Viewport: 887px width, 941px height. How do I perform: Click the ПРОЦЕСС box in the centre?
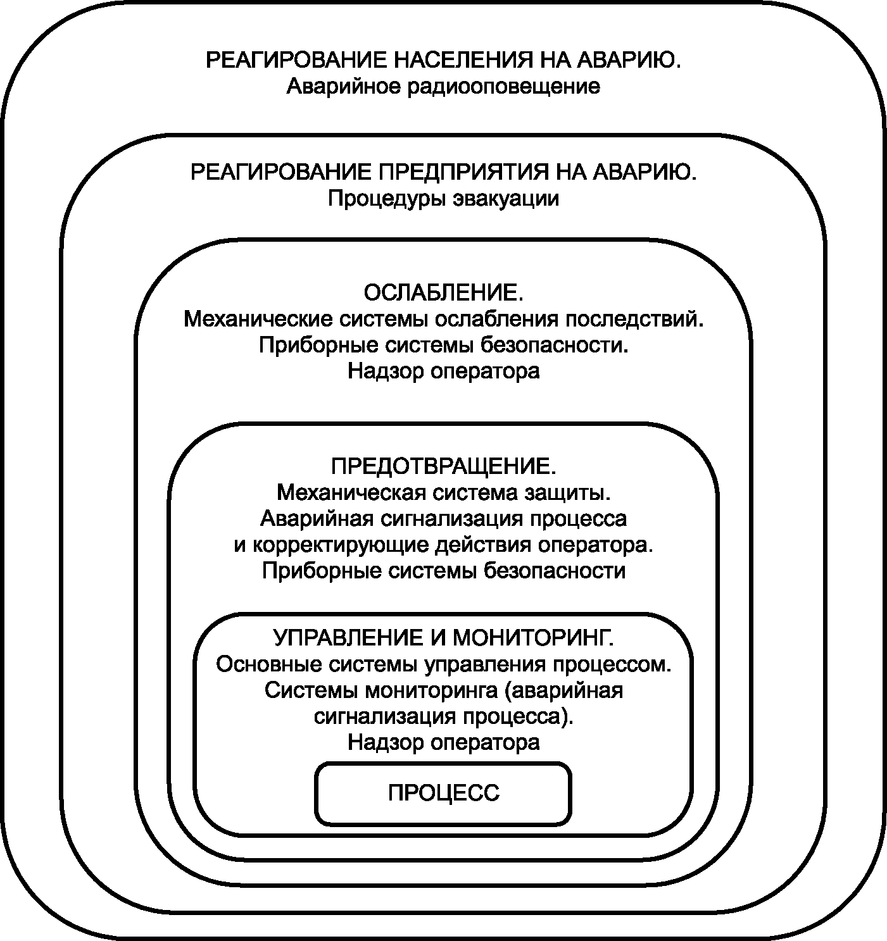coord(443,793)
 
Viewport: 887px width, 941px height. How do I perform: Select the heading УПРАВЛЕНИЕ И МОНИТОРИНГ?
coord(443,637)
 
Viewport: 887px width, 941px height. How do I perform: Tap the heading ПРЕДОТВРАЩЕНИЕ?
coord(443,466)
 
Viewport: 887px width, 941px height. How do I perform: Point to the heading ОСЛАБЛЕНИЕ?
coord(443,294)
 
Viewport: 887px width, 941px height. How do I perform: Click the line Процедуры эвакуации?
coord(443,199)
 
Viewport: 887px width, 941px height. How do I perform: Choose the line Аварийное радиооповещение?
coord(443,87)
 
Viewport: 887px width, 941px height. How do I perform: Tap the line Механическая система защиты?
coord(443,492)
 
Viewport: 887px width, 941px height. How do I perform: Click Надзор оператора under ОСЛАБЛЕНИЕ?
coord(443,371)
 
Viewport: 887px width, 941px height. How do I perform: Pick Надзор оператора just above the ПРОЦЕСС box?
coord(443,742)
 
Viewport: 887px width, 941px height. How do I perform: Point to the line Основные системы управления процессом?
coord(443,664)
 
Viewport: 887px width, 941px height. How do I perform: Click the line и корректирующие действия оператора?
coord(443,545)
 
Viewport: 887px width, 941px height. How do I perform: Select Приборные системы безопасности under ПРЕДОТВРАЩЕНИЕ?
coord(443,571)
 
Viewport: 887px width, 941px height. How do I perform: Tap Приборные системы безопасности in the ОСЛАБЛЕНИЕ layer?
coord(443,346)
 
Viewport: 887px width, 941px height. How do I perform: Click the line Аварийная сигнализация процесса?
coord(443,519)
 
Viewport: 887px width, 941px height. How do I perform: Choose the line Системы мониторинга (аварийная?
coord(443,690)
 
